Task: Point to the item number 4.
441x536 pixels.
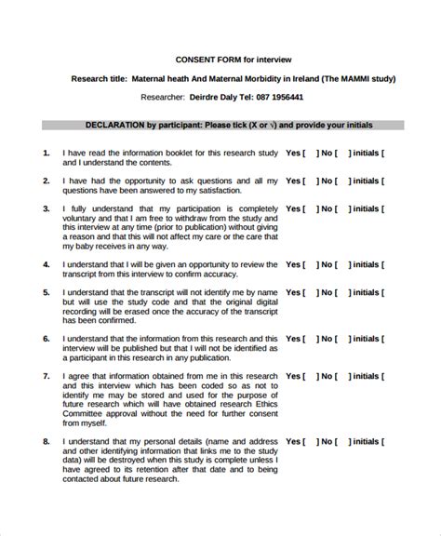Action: pos(47,264)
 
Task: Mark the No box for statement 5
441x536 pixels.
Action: pos(344,292)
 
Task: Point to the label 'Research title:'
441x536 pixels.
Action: pos(99,78)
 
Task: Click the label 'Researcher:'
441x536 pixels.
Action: pos(164,97)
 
